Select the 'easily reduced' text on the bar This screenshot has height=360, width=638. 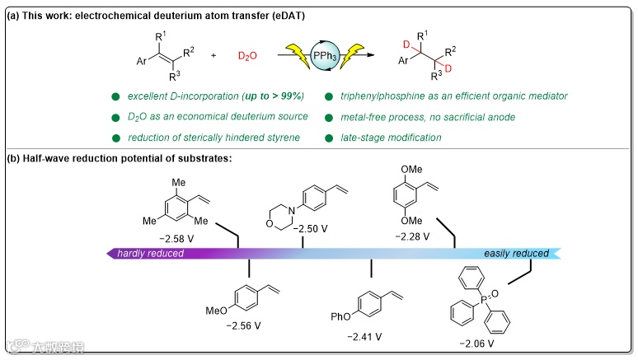(x=516, y=253)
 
